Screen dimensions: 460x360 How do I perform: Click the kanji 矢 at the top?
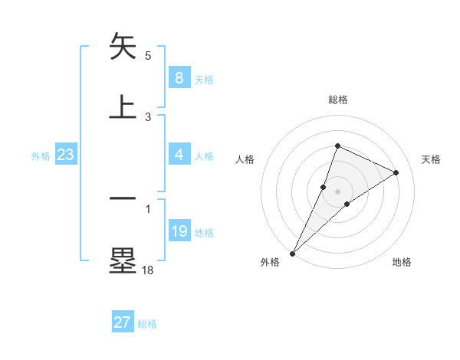123,46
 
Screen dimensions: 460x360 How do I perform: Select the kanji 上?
123,106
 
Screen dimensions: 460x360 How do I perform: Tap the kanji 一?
123,199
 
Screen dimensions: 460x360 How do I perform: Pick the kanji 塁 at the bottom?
123,260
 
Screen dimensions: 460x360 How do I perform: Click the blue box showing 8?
179,77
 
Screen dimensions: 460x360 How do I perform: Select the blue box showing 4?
179,155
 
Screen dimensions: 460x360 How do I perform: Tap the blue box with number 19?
179,231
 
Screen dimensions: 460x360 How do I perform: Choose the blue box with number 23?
66,155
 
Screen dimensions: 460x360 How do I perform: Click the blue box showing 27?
123,322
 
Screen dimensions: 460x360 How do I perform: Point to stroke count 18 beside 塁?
147,270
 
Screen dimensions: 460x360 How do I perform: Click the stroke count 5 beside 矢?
148,55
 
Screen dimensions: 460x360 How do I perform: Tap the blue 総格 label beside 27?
147,324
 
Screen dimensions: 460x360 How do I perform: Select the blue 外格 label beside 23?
41,155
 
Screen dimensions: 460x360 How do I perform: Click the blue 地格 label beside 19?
204,232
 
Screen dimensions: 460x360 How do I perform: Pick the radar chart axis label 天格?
431,159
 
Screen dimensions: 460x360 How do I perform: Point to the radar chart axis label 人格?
245,159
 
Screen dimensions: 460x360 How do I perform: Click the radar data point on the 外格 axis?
293,253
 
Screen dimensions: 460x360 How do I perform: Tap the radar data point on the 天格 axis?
396,172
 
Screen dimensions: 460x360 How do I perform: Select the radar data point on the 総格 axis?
337,146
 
